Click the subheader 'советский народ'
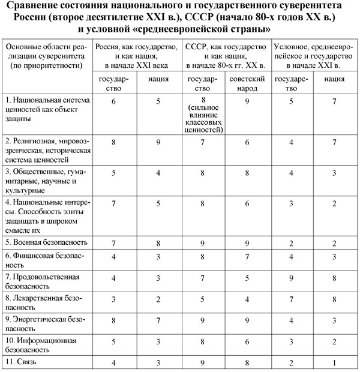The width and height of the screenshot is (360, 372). [248, 83]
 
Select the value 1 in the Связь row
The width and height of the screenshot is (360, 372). [332, 362]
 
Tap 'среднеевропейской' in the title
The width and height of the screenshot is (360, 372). [197, 28]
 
